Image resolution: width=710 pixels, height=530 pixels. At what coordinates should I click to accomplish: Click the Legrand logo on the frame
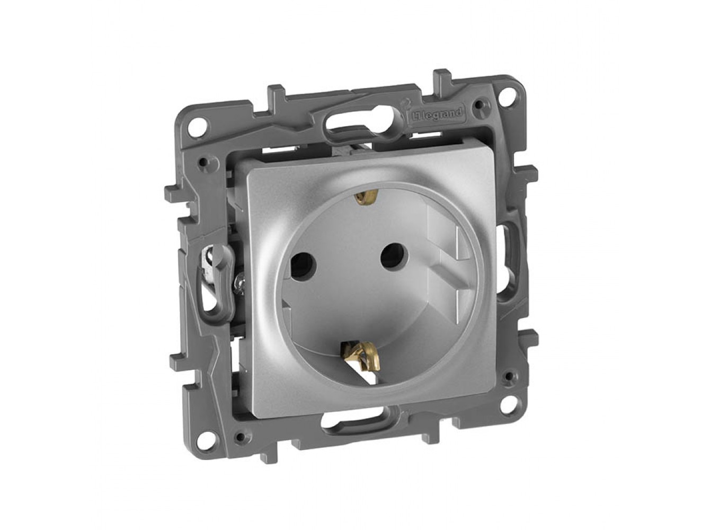(436, 114)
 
